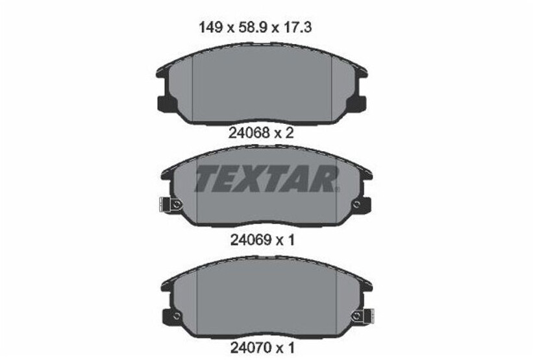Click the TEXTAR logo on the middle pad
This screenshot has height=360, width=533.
(x=266, y=179)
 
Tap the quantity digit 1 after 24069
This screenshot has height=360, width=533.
(x=291, y=239)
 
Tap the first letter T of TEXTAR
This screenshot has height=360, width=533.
(x=207, y=179)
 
